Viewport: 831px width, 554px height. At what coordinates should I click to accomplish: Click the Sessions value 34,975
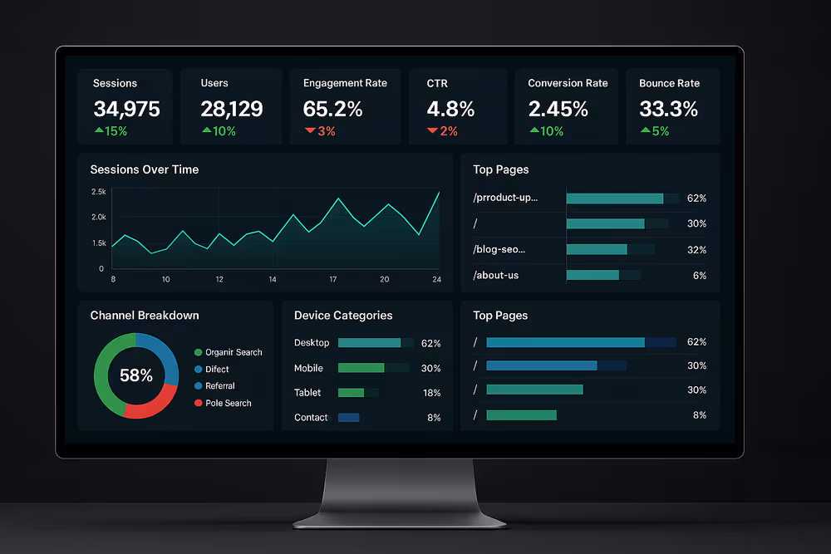click(x=126, y=109)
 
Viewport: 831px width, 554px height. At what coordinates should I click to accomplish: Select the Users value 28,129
click(x=232, y=109)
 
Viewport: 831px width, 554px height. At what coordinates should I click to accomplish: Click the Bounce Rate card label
click(x=669, y=83)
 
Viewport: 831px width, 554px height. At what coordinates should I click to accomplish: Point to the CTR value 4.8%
click(x=450, y=109)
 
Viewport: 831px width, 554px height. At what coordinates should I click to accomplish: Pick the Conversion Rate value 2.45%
click(x=558, y=109)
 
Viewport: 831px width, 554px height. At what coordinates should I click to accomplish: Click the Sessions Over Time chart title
click(x=144, y=169)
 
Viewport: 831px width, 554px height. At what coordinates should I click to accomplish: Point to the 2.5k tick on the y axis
click(x=98, y=192)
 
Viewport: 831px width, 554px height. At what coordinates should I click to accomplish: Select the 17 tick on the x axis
click(x=332, y=280)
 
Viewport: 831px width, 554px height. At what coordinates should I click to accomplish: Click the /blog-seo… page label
click(x=499, y=249)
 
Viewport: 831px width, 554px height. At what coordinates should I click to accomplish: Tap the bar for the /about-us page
click(x=593, y=275)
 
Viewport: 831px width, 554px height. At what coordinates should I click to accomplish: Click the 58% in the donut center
click(x=136, y=375)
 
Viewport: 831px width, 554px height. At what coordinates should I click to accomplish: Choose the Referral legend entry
click(x=219, y=386)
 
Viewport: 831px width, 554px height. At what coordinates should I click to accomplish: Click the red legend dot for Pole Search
click(x=198, y=403)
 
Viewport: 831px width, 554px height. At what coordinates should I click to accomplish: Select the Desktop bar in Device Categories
click(x=369, y=343)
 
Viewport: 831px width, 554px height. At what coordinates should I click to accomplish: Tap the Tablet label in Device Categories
click(x=307, y=393)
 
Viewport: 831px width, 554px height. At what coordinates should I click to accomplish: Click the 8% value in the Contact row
click(x=434, y=418)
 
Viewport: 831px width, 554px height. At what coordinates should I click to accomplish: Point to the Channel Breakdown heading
click(x=144, y=316)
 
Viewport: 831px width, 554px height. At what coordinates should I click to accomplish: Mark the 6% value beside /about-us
click(x=699, y=275)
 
